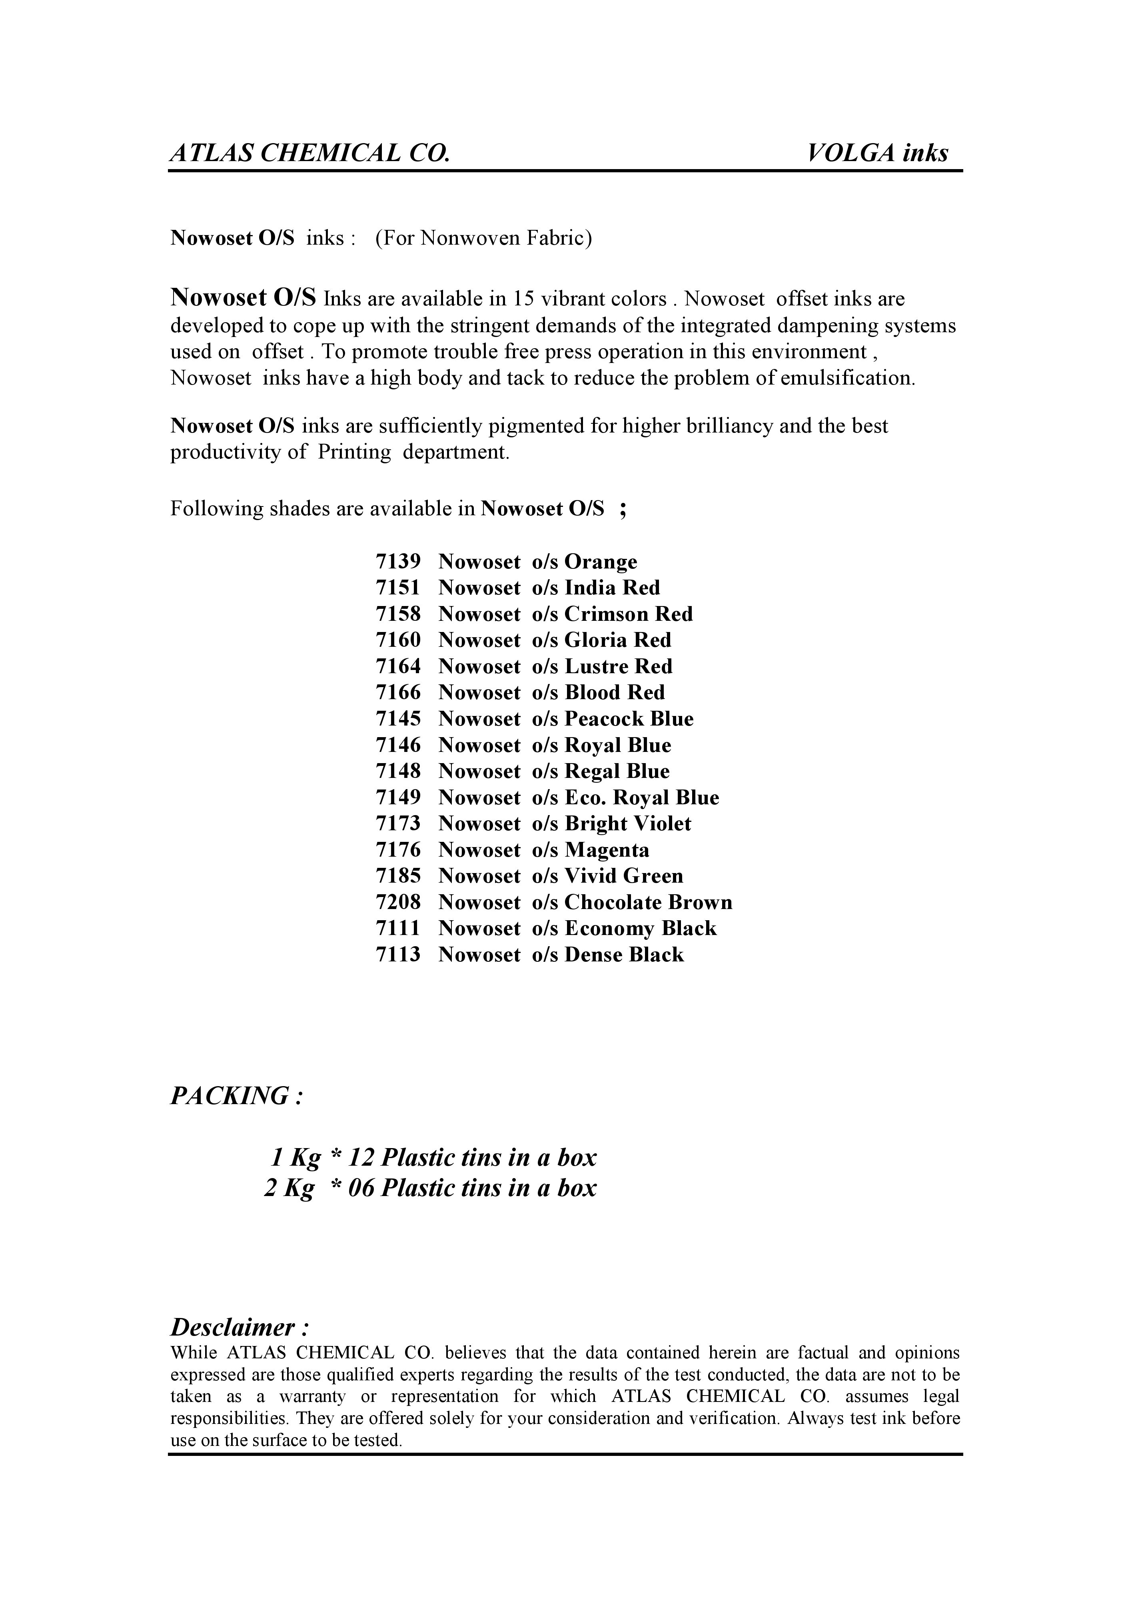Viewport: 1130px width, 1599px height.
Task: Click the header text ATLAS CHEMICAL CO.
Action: tap(310, 153)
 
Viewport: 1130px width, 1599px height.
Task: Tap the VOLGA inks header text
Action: tap(878, 153)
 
